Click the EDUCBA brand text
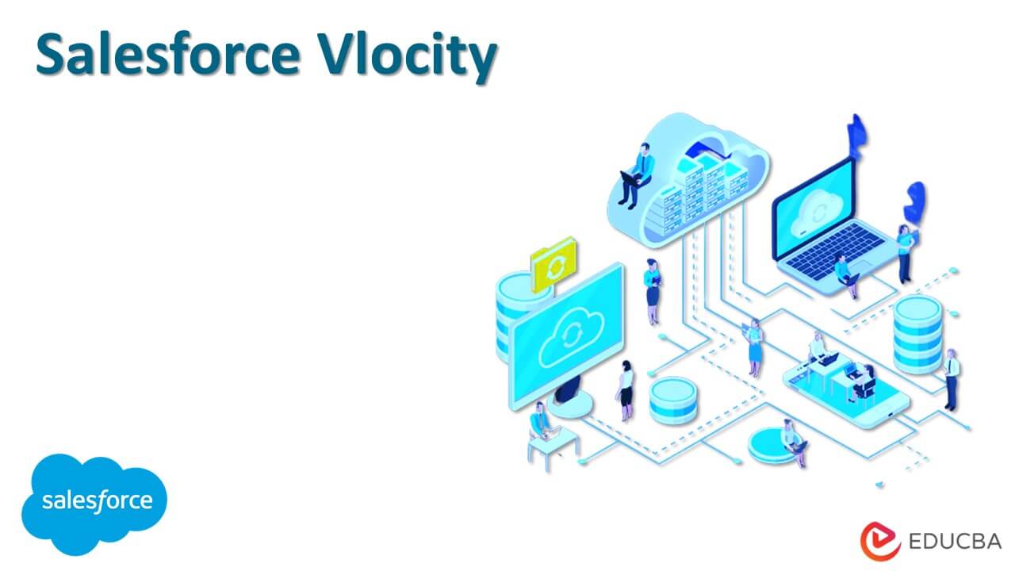pyautogui.click(x=954, y=542)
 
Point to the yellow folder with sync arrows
pyautogui.click(x=553, y=263)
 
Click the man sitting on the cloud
pyautogui.click(x=638, y=174)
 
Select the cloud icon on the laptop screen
pyautogui.click(x=814, y=210)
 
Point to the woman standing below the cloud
pyautogui.click(x=652, y=289)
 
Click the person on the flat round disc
pyautogui.click(x=791, y=441)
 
